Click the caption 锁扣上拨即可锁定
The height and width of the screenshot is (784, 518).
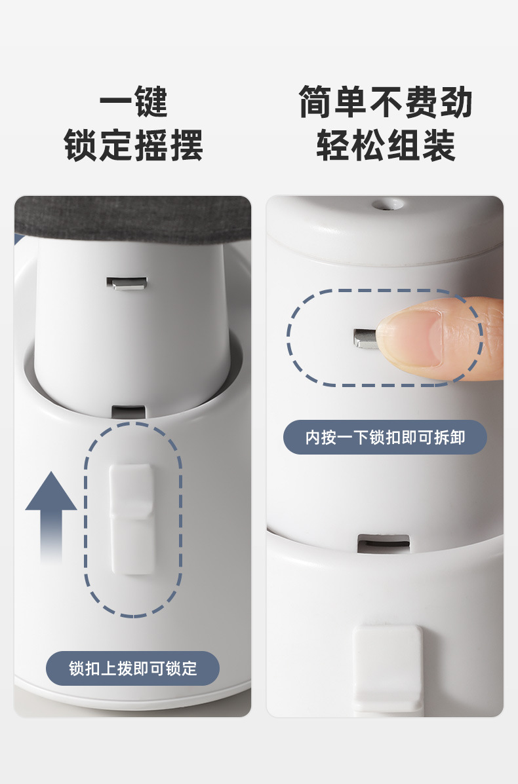pos(133,669)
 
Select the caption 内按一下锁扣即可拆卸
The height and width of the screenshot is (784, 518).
pos(385,438)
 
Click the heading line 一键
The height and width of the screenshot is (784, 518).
pos(133,102)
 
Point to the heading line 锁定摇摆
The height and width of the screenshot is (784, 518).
pos(133,145)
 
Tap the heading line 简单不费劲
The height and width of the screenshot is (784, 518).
pos(386,102)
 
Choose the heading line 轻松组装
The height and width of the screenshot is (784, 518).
pos(386,145)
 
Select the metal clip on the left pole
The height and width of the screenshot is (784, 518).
pos(127,283)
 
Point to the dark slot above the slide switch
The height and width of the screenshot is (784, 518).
pos(129,412)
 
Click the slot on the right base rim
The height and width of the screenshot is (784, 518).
pos(384,544)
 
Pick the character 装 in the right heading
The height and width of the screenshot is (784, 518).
pos(439,145)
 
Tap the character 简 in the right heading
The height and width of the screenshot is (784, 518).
pos(316,102)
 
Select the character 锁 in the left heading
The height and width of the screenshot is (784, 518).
pos(81,145)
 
